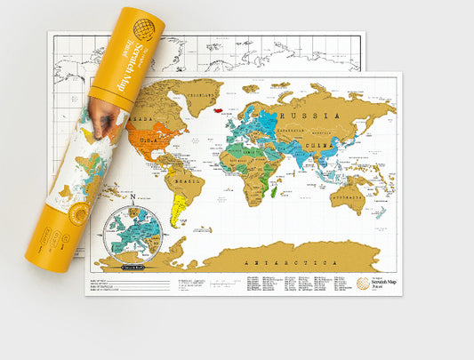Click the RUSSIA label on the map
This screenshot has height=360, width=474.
tap(308, 116)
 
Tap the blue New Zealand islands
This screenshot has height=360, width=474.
tap(381, 212)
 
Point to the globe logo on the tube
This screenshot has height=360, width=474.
tap(143, 28)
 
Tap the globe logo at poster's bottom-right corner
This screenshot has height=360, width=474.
tap(363, 284)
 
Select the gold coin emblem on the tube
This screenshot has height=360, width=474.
tap(77, 213)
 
